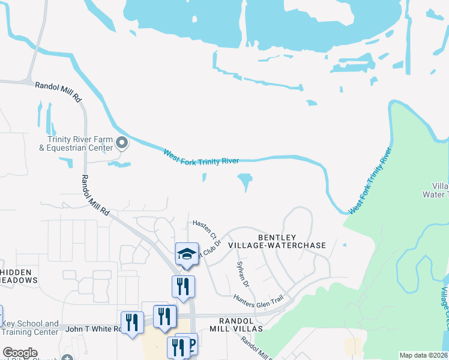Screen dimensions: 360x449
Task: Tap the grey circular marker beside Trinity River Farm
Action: coord(122,143)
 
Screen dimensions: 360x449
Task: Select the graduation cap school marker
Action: coord(187,254)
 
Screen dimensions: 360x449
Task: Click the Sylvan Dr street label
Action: coord(244,274)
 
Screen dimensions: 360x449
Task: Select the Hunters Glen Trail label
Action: coord(258,301)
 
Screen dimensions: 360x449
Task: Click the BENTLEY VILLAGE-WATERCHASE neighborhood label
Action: coord(292,241)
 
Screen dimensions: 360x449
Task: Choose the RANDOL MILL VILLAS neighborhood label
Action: coord(237,325)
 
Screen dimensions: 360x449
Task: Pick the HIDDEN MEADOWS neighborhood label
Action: coord(19,276)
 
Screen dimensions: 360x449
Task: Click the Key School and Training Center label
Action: coord(30,328)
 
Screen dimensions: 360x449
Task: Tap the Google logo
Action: coord(20,353)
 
